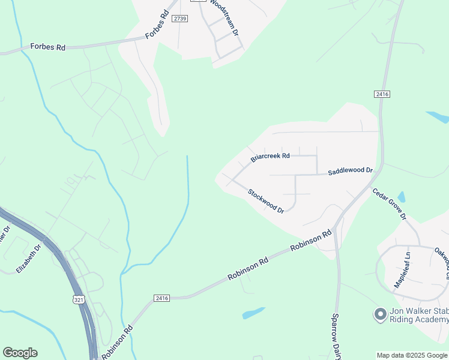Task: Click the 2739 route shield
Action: click(x=179, y=19)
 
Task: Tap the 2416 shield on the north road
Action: click(x=382, y=94)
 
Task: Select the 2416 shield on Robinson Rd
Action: click(x=161, y=298)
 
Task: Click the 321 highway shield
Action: click(x=79, y=299)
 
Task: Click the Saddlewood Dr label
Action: click(x=350, y=172)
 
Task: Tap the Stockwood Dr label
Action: click(x=266, y=200)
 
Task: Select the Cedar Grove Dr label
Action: click(x=390, y=204)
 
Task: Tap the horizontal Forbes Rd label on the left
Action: click(x=48, y=47)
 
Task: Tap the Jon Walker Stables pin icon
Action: click(x=379, y=314)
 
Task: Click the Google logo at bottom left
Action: click(x=20, y=353)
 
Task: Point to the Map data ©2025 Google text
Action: click(x=412, y=355)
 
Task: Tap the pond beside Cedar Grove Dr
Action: click(x=401, y=197)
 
